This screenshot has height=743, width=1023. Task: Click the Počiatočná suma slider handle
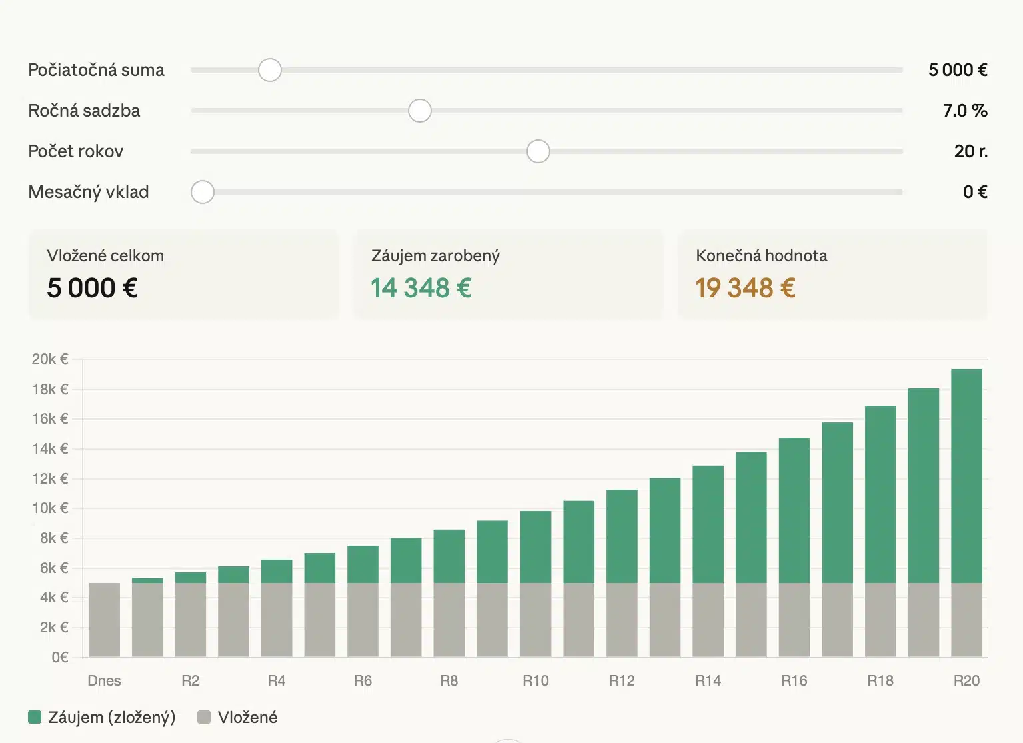(270, 70)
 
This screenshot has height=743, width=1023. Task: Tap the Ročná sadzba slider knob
(420, 111)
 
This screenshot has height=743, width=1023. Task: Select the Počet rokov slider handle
(538, 151)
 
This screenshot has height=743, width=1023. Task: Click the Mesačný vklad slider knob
(203, 192)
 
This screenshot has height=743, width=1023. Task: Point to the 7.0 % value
(964, 111)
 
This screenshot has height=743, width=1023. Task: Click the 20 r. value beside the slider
(970, 151)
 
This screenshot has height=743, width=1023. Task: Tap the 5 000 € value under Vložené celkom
(92, 288)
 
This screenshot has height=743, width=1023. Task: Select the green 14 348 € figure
(421, 288)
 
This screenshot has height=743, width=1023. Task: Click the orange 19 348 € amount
(745, 288)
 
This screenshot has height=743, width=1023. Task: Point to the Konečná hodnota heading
(761, 256)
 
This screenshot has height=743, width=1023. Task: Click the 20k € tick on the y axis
(50, 359)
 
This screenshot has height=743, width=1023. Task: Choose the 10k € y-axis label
(50, 508)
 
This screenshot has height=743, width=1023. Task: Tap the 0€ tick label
(60, 658)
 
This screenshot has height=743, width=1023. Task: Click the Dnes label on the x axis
(104, 681)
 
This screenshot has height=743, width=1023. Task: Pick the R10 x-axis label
(535, 681)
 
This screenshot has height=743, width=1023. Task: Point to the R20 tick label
(966, 681)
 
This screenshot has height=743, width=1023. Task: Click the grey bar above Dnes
(105, 620)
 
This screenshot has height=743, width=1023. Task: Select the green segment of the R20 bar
(966, 476)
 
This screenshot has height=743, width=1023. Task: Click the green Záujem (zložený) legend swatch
(35, 718)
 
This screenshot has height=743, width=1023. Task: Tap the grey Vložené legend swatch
(204, 718)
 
